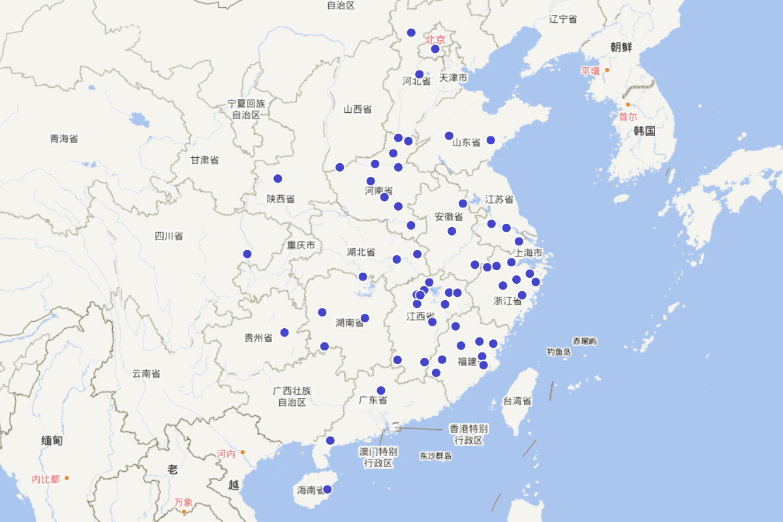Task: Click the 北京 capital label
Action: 435,40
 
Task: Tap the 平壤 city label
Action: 591,70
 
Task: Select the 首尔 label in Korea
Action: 628,117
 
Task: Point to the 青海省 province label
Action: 64,138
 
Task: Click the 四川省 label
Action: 168,236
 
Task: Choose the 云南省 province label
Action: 146,374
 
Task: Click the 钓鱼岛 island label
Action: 559,352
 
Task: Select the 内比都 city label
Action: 46,479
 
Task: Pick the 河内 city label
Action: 226,453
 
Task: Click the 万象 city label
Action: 183,502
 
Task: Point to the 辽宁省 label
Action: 563,19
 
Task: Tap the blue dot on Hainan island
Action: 328,489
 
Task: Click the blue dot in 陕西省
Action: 278,179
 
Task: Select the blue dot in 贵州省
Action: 284,333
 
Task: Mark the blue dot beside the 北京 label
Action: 435,49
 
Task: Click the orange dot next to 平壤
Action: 607,70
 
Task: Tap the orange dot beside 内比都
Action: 67,478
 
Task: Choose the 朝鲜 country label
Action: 621,47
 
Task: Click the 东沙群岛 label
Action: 436,456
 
